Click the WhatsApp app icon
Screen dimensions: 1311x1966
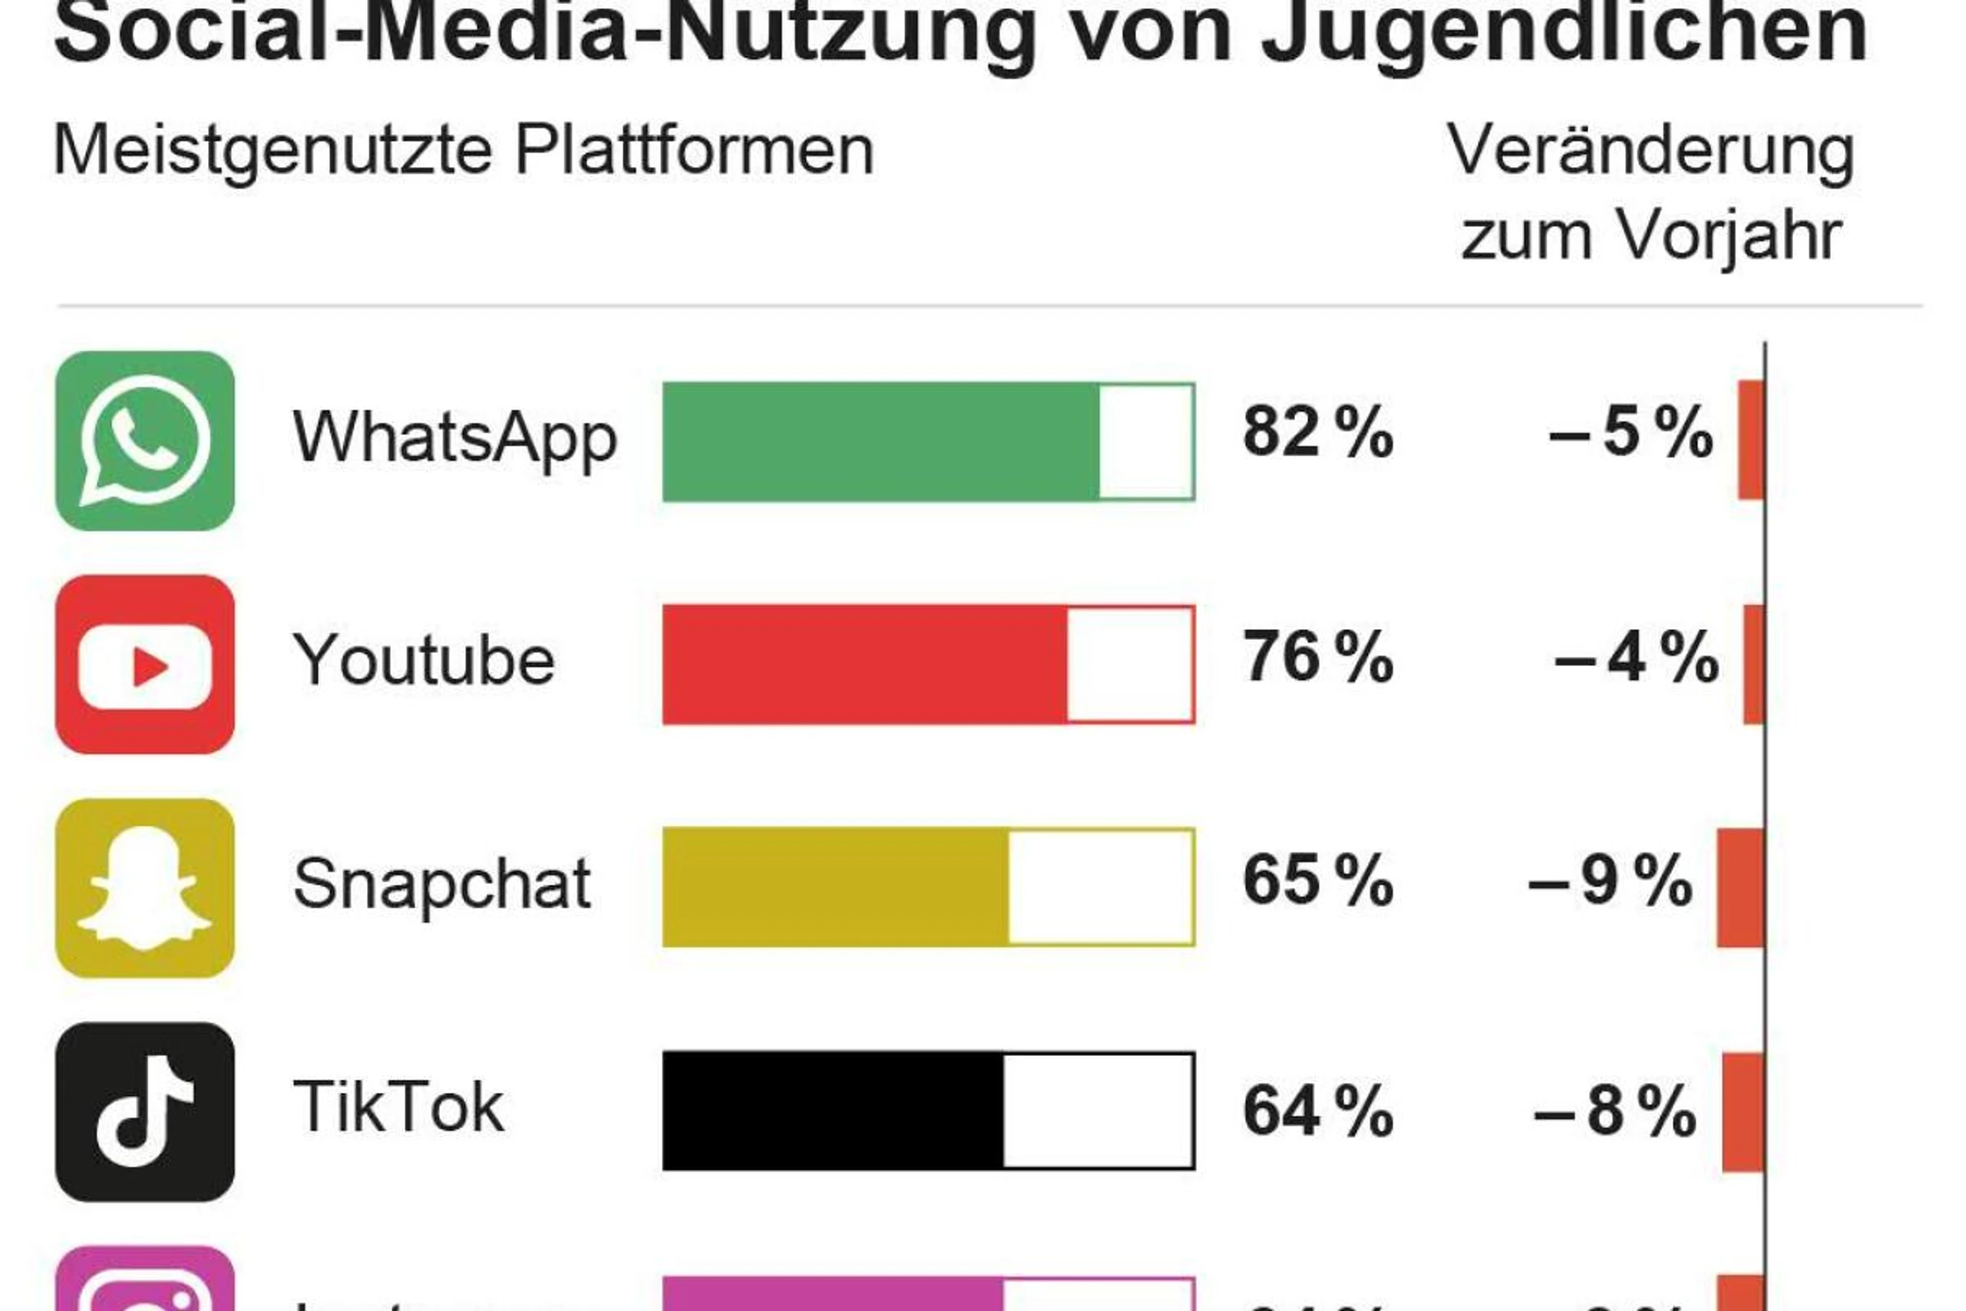click(144, 441)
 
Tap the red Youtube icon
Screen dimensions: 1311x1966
click(144, 664)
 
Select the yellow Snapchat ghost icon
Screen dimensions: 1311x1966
click(144, 887)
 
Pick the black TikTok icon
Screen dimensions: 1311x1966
click(144, 1111)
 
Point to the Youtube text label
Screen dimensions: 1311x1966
click(423, 660)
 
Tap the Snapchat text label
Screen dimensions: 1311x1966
click(442, 884)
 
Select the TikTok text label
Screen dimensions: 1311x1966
click(398, 1107)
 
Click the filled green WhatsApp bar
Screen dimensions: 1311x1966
click(880, 442)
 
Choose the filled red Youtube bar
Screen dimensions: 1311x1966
click(864, 664)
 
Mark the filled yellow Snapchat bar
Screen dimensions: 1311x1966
click(835, 887)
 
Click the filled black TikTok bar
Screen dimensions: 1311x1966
click(832, 1111)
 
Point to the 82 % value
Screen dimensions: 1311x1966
click(1317, 432)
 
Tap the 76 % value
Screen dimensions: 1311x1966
click(1317, 657)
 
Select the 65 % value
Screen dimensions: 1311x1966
click(1317, 880)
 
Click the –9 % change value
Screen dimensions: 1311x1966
click(1610, 880)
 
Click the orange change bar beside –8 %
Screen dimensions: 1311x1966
click(1743, 1112)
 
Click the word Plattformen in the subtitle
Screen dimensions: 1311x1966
click(693, 151)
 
